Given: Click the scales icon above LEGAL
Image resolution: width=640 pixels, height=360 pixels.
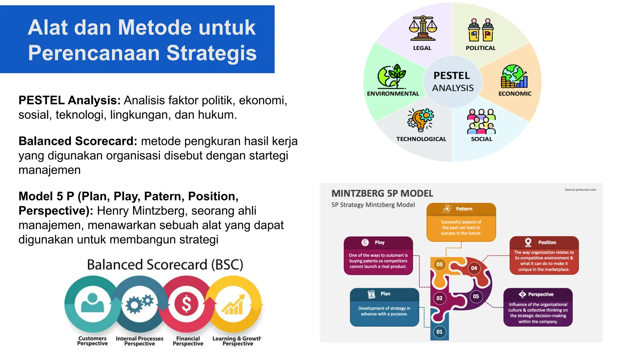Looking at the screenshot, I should (x=423, y=28).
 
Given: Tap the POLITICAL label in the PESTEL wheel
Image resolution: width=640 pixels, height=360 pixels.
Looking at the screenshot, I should (x=481, y=48).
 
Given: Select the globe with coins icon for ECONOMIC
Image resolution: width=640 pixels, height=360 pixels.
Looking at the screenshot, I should (x=514, y=77).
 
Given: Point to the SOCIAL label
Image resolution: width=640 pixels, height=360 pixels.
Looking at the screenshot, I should (x=482, y=139).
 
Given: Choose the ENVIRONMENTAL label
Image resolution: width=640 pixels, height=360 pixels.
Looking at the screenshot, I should (x=393, y=94).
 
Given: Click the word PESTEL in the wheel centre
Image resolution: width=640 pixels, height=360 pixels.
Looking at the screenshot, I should (x=452, y=76).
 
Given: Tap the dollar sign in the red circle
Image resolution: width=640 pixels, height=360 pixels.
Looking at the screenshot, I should (x=187, y=304).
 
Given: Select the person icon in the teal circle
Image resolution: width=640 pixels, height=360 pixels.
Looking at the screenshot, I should (x=92, y=303).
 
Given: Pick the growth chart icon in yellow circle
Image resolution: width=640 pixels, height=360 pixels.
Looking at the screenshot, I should (x=233, y=305).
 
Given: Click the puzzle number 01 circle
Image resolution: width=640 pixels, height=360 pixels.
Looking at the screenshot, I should (x=439, y=332).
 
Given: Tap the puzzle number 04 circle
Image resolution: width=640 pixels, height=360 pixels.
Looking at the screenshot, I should (x=474, y=268).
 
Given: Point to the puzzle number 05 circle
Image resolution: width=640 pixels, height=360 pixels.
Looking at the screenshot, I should (x=476, y=297).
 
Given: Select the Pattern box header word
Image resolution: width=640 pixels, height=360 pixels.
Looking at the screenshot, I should (x=464, y=209).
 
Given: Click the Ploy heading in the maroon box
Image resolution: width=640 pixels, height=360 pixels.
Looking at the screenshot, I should (x=380, y=242).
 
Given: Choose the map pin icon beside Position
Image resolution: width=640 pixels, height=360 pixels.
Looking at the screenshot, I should (x=528, y=242).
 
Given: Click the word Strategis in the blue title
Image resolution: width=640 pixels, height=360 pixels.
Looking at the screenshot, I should (x=211, y=53).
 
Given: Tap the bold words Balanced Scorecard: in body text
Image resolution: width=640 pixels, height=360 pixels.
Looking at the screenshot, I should (x=78, y=141).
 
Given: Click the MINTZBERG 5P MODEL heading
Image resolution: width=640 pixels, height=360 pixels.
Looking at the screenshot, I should (x=382, y=194).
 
